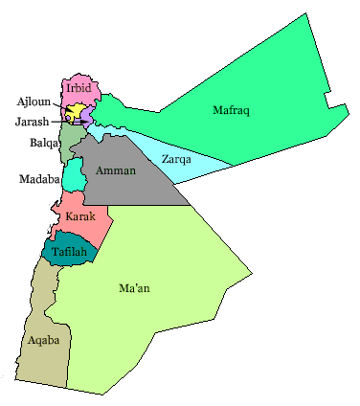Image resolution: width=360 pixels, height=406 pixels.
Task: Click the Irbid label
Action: tap(79, 88)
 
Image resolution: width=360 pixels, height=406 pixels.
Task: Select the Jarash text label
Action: tap(33, 122)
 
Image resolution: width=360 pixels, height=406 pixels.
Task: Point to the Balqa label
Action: tap(42, 144)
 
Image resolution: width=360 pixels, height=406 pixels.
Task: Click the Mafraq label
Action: tap(231, 111)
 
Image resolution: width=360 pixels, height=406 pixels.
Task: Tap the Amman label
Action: tap(116, 170)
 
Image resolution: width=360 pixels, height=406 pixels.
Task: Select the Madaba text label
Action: tap(39, 179)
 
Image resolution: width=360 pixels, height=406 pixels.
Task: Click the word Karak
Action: tap(80, 217)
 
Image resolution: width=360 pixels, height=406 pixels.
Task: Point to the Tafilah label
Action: tap(70, 252)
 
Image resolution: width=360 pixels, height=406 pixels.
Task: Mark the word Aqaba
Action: tap(45, 341)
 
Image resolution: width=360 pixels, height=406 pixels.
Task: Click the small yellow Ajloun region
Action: tap(72, 111)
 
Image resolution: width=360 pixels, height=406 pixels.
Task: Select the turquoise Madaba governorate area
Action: tap(73, 175)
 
